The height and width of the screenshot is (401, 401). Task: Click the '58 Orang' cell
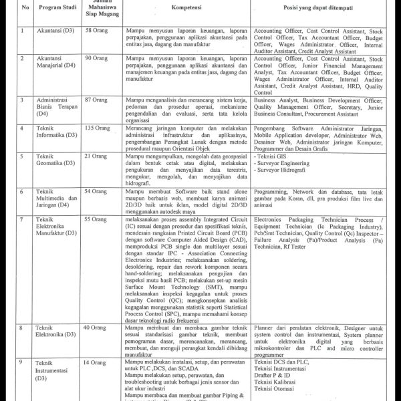pyautogui.click(x=96, y=31)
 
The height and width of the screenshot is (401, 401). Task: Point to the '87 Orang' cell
pyautogui.click(x=96, y=99)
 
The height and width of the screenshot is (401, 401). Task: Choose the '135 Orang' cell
pyautogui.click(x=98, y=127)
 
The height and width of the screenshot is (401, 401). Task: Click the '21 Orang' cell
pyautogui.click(x=96, y=156)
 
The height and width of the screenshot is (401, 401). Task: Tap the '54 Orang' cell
pyautogui.click(x=96, y=191)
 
